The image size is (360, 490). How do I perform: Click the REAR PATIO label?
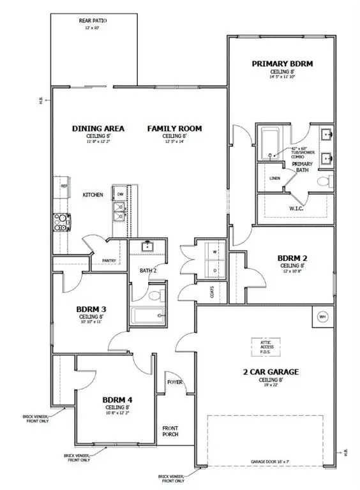(93, 20)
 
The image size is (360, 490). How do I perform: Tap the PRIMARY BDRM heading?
(281, 64)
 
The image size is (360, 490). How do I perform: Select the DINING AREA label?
(98, 128)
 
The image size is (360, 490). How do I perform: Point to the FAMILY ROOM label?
(174, 128)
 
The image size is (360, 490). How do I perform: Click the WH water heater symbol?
(322, 316)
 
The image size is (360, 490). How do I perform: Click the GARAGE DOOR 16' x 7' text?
(270, 459)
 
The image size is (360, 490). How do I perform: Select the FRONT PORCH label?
(170, 431)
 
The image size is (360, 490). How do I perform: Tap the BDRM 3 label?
(91, 309)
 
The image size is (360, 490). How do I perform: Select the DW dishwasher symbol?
(119, 193)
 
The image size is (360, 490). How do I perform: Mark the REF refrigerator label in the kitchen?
(64, 186)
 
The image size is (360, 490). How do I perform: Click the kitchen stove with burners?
(61, 221)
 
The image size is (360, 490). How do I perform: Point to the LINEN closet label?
(275, 178)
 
